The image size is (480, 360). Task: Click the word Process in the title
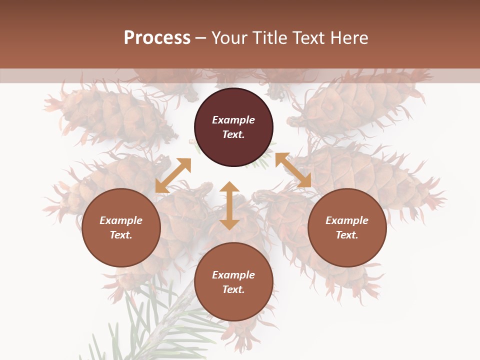157,38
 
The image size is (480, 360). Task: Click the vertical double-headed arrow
229,205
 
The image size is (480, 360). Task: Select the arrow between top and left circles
173,175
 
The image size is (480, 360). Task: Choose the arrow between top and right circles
293,170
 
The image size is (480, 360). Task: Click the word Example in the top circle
233,120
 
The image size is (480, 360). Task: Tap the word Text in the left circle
121,235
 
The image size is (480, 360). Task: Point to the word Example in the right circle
347,220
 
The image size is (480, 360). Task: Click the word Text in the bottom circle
233,289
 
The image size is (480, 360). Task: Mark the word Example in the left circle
121,220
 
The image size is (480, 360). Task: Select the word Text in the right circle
347,235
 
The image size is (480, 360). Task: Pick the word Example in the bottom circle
233,275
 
